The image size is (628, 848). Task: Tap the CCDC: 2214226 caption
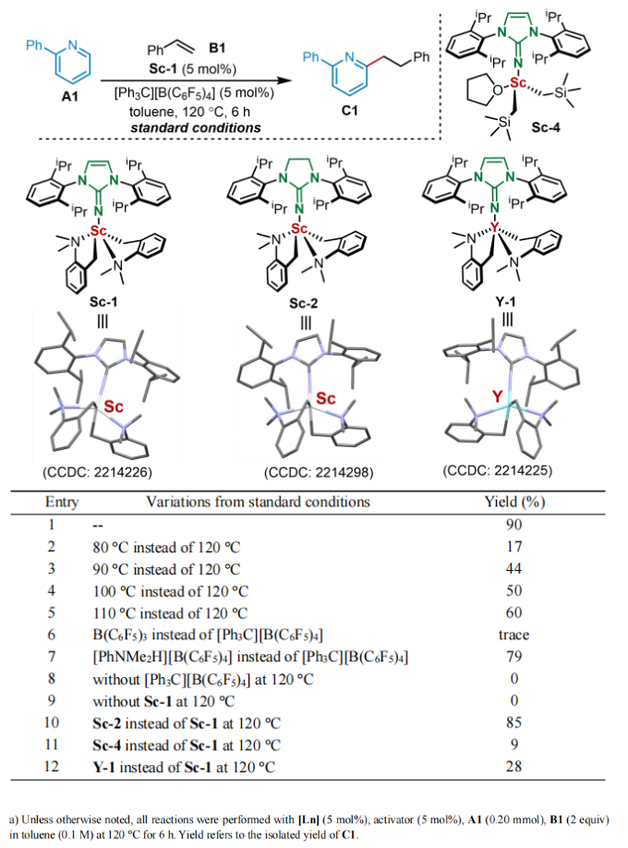[x=97, y=472]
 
